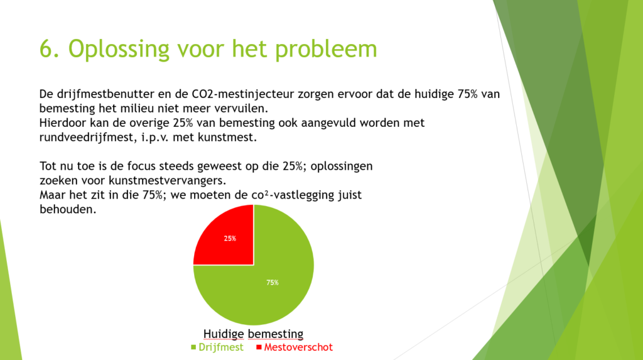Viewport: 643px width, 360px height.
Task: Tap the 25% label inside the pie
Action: tap(230, 239)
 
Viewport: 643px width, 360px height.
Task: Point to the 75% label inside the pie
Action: tap(273, 283)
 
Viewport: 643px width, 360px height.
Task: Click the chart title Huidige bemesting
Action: tap(254, 334)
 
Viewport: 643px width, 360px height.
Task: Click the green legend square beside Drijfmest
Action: tap(193, 347)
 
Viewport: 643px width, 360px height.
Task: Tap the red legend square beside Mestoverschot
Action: tap(259, 347)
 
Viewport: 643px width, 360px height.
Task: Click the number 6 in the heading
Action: tap(46, 48)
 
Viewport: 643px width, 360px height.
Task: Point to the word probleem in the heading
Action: tap(326, 49)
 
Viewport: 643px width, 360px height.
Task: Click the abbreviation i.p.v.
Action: tap(154, 138)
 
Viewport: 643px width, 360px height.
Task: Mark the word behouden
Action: tap(68, 209)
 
